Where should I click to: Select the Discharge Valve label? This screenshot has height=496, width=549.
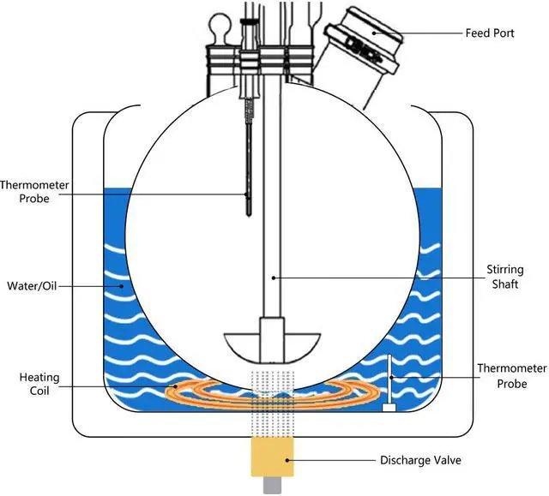coord(420,460)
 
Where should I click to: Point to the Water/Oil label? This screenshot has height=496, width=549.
coord(31,285)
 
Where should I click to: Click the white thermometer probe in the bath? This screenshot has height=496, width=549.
coord(389,377)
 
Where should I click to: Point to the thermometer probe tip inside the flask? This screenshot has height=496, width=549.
coord(248,206)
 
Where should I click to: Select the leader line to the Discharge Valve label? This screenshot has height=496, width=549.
coord(330,460)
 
